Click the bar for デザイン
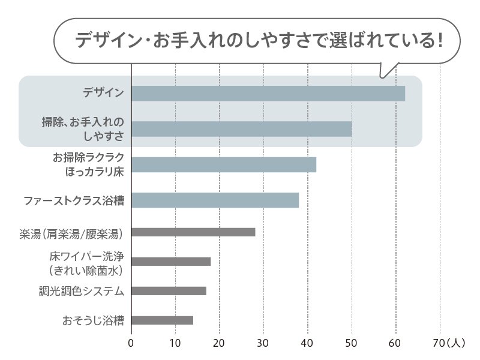[268, 94]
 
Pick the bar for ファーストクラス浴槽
[215, 200]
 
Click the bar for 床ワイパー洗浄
[171, 261]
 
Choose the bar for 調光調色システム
[169, 291]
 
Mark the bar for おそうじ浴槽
[162, 320]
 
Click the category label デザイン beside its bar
[104, 93]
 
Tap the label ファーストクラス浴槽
[74, 200]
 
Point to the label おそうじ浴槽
[93, 320]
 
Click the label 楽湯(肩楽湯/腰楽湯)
[71, 233]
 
